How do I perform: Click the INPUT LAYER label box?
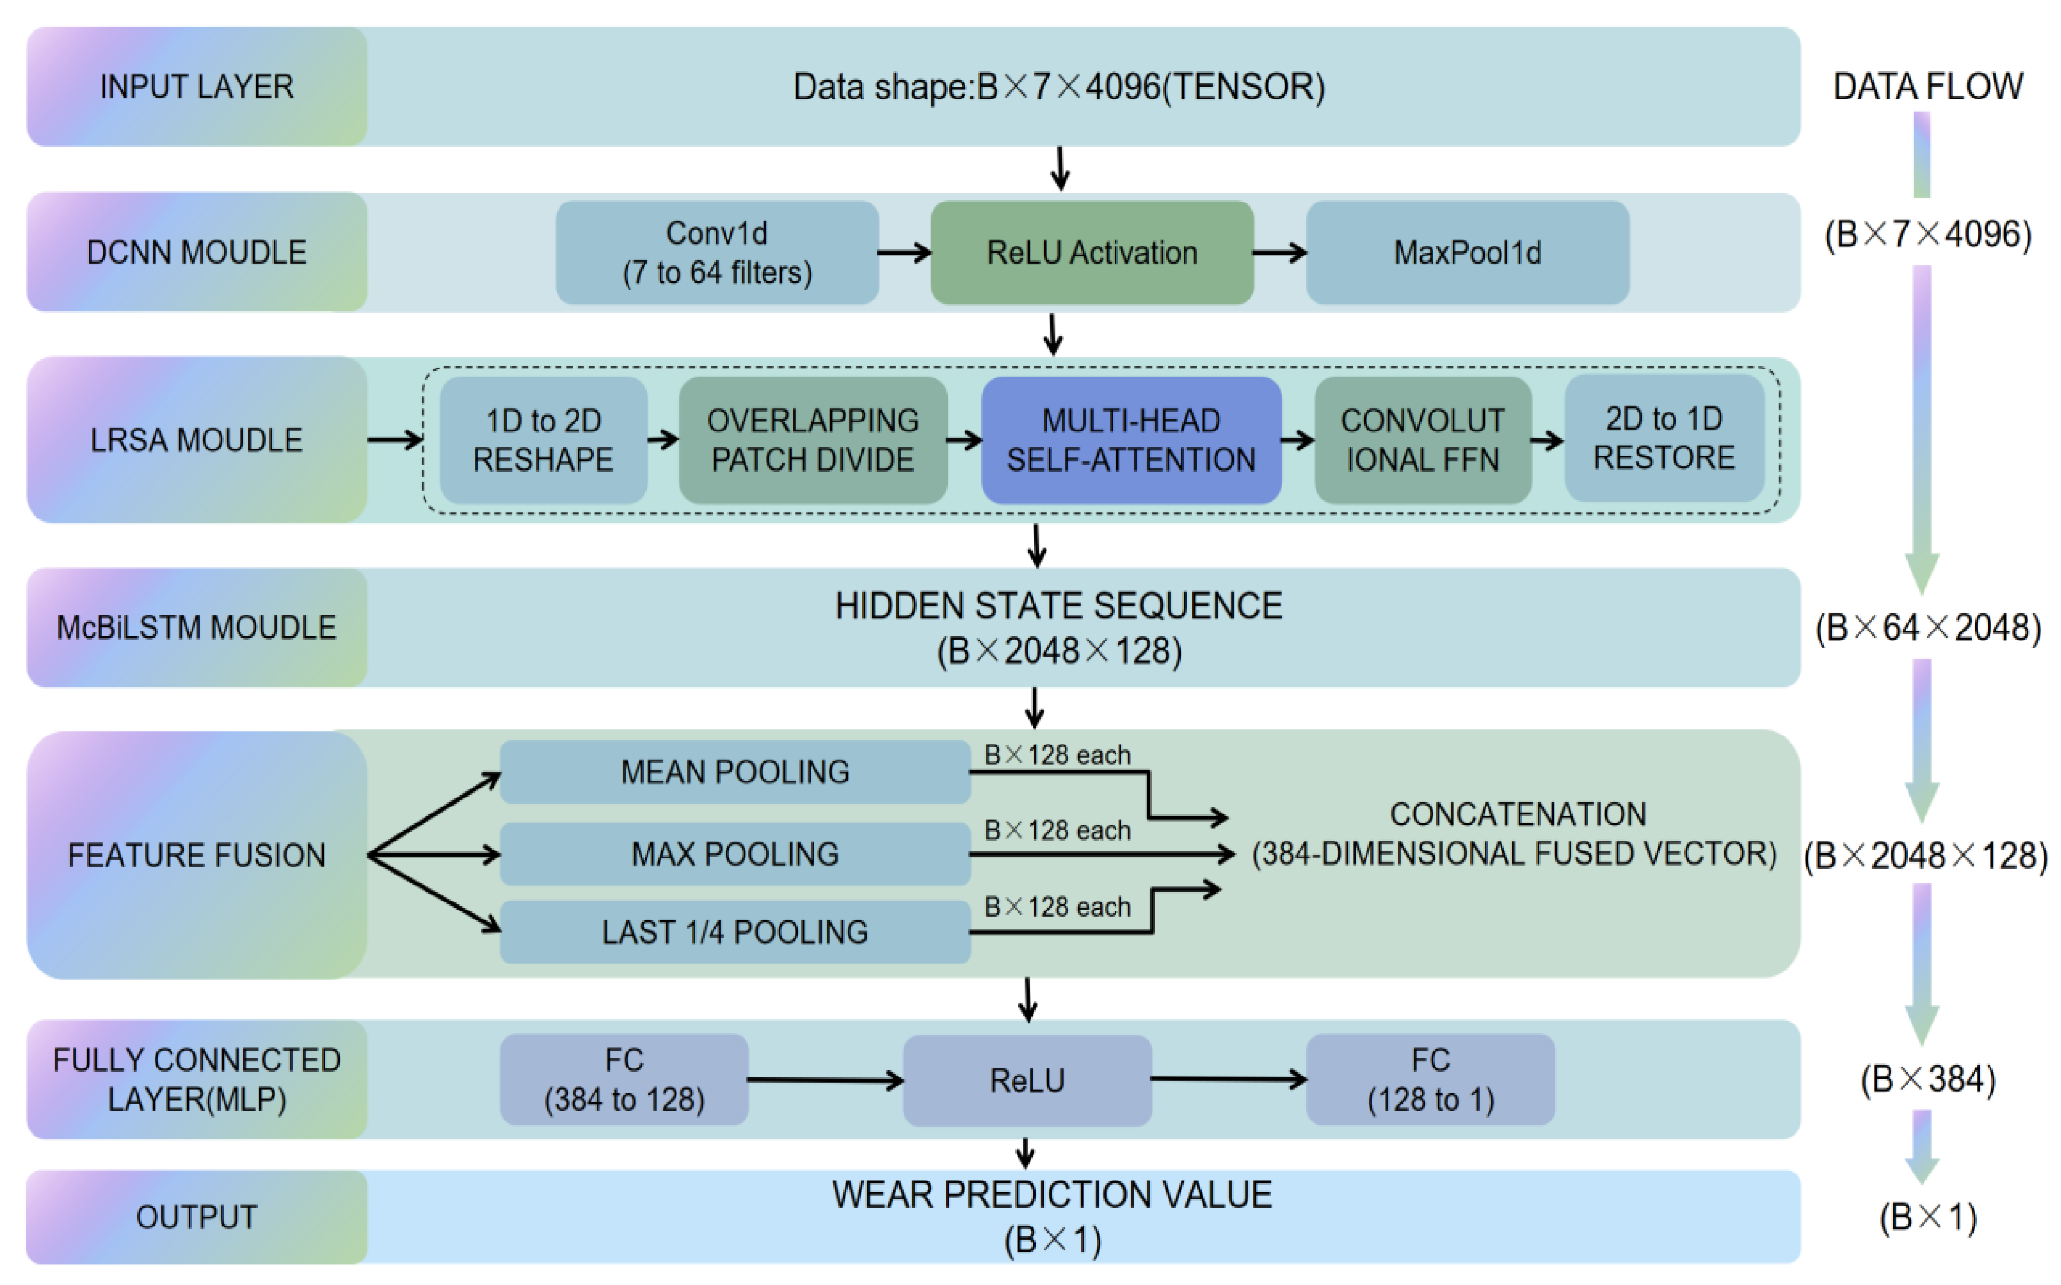tap(196, 87)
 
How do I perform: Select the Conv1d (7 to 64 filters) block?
tap(716, 252)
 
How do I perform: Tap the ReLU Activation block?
tap(1091, 252)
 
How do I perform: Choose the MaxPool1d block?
tap(1467, 252)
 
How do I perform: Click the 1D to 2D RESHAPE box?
tap(543, 440)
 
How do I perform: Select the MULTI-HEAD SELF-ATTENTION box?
tap(1131, 440)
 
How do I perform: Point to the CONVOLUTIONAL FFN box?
tap(1422, 440)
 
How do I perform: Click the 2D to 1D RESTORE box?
tap(1664, 438)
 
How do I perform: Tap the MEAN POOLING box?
tap(735, 772)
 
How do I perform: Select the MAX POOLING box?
tap(735, 853)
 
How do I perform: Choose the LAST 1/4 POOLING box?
tap(735, 932)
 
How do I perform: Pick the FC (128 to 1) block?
tap(1430, 1079)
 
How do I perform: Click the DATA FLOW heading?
tap(1927, 87)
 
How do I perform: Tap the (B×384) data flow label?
tap(1927, 1079)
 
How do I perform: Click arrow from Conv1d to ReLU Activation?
tap(904, 252)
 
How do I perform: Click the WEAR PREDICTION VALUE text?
tap(1052, 1195)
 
